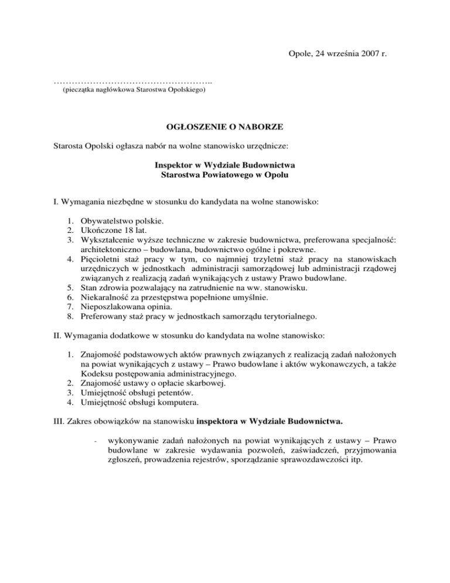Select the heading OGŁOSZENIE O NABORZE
tap(225, 125)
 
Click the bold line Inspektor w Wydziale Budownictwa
tap(225, 165)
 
